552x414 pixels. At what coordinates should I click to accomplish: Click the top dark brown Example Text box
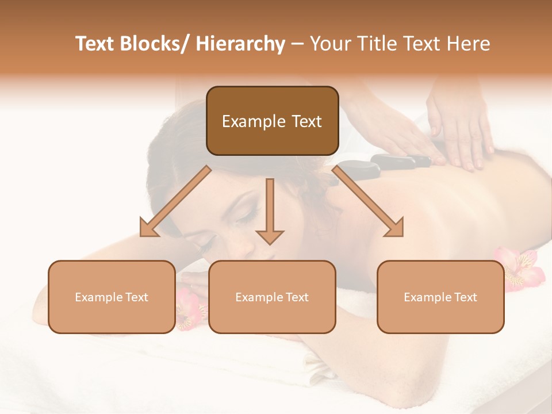[x=272, y=121]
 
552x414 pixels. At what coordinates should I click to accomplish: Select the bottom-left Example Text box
[x=112, y=297]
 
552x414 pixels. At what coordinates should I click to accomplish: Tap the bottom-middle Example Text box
[x=272, y=297]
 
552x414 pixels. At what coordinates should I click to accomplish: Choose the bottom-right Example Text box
[x=440, y=297]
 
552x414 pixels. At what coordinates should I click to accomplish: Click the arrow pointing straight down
[x=270, y=212]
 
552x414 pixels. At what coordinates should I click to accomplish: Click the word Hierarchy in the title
[x=240, y=44]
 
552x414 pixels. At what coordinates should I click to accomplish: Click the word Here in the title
[x=468, y=44]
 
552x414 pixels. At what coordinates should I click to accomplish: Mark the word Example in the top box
[x=252, y=121]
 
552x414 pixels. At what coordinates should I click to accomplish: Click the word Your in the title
[x=328, y=44]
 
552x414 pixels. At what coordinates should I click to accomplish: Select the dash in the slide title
[x=297, y=44]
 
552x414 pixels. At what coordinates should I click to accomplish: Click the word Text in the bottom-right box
[x=465, y=297]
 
